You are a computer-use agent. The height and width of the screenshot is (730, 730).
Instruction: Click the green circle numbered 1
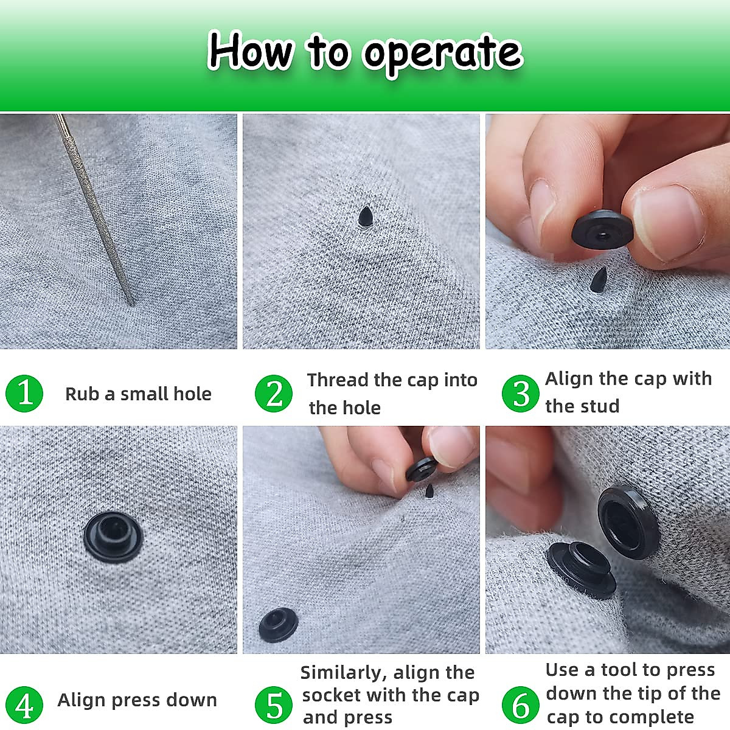click(24, 393)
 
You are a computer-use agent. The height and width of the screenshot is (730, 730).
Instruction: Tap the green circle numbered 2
click(274, 393)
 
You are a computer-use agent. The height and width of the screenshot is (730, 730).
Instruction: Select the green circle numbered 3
click(521, 393)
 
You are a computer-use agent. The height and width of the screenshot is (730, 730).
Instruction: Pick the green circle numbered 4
click(24, 705)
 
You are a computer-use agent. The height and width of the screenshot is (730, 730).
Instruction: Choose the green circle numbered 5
click(274, 705)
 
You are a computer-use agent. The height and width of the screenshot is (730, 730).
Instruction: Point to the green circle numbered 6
click(521, 705)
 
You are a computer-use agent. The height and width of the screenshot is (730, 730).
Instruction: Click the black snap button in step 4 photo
click(113, 536)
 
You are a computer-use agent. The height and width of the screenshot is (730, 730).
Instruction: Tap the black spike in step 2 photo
click(365, 217)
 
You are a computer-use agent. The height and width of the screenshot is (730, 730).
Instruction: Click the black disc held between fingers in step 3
click(602, 229)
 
